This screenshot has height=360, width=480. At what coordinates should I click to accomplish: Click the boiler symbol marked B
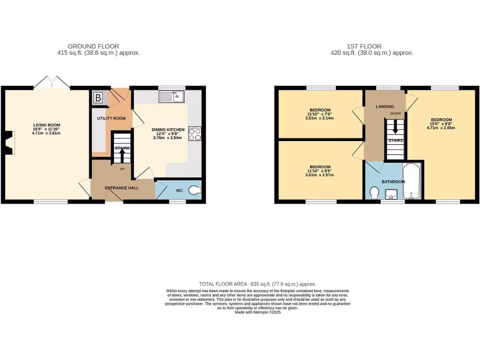[x=98, y=98]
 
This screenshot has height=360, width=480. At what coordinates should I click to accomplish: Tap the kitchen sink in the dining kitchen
[x=172, y=97]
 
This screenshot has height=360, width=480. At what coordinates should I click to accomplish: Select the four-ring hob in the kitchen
[x=195, y=134]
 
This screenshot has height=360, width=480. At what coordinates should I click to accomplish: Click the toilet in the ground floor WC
[x=195, y=190]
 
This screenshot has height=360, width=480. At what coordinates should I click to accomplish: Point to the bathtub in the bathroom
[x=412, y=181]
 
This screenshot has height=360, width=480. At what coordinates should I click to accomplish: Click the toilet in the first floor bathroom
[x=375, y=193]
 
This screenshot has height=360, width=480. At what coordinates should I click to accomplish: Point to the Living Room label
[x=46, y=125]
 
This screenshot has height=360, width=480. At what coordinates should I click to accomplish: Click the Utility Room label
[x=111, y=118]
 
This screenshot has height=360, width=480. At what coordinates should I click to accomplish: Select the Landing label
[x=385, y=107]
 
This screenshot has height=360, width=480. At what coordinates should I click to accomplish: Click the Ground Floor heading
[x=93, y=46]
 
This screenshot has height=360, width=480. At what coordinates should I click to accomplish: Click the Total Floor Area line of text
[x=257, y=284]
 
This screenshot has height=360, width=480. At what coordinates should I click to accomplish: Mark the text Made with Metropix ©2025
[x=257, y=312]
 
